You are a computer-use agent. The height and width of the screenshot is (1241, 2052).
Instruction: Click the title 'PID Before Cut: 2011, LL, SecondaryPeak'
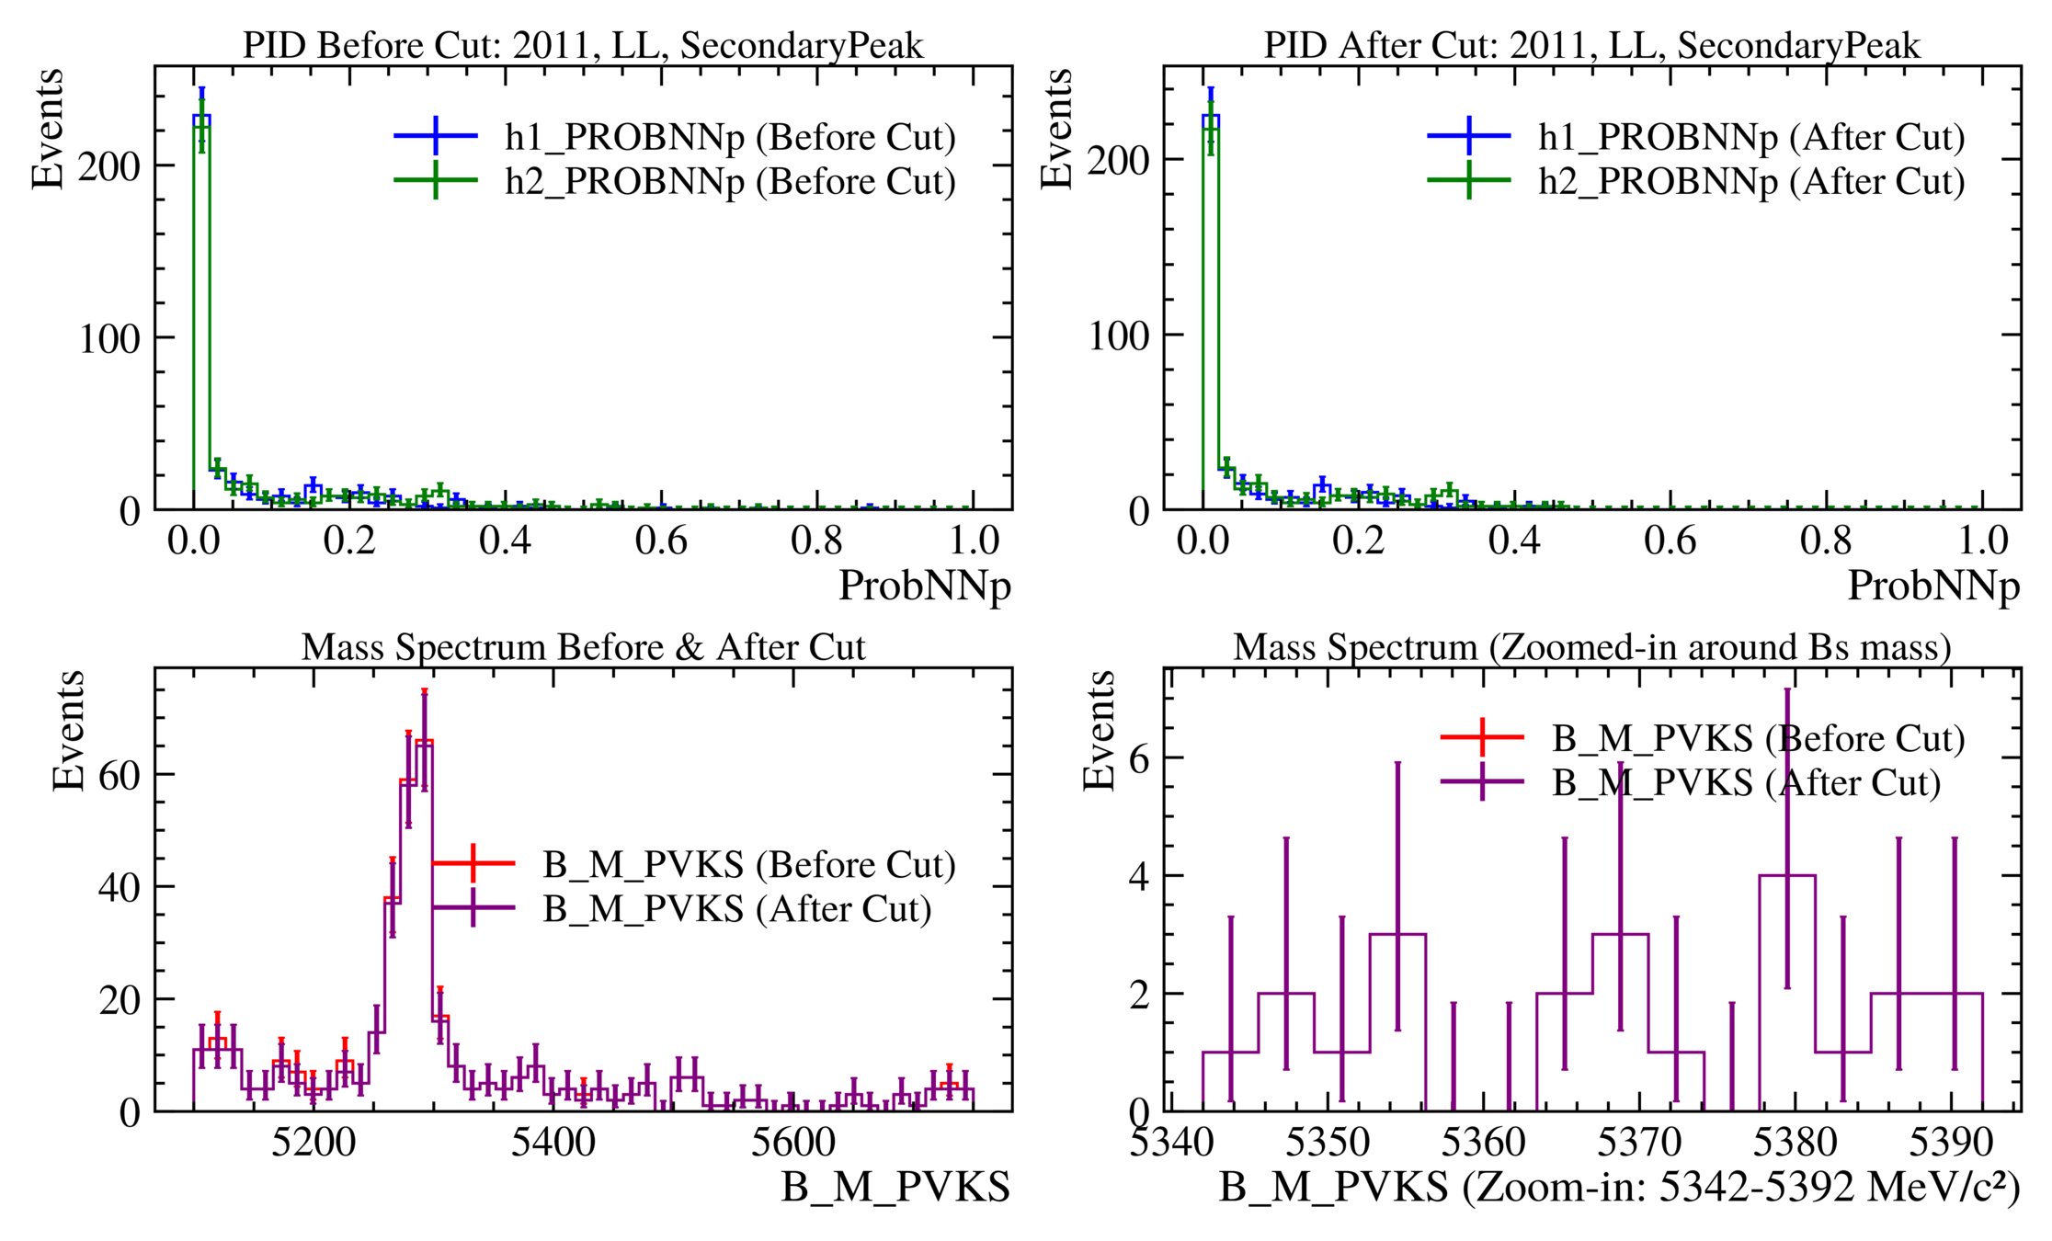[x=583, y=45]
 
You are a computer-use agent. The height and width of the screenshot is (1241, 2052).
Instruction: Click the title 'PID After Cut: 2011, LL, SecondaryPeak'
[x=1591, y=45]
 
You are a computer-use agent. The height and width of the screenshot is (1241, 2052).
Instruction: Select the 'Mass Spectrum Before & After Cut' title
[x=583, y=647]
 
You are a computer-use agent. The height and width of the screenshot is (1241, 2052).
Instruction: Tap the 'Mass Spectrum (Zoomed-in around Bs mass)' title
[x=1591, y=647]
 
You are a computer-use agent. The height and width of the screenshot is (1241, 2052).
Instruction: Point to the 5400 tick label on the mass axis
[x=553, y=1143]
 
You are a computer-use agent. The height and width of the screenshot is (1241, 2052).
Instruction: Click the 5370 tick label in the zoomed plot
[x=1639, y=1143]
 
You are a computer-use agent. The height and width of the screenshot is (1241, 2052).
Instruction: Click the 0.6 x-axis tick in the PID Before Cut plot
[x=661, y=541]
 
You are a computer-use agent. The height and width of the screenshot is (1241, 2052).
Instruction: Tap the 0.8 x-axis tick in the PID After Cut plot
[x=1826, y=541]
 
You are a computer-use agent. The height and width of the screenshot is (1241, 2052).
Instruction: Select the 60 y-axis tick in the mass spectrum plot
[x=120, y=775]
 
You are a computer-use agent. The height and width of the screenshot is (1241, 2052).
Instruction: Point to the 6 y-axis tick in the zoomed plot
[x=1139, y=758]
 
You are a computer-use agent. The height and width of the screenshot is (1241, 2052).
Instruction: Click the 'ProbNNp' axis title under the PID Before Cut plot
[x=925, y=586]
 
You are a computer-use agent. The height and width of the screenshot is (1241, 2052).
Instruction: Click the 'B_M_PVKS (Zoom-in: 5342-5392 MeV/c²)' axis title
[x=1619, y=1187]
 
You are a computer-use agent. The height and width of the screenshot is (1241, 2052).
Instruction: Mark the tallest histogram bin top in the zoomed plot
[x=1786, y=875]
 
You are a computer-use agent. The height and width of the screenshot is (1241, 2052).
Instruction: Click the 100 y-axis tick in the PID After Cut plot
[x=1118, y=336]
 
